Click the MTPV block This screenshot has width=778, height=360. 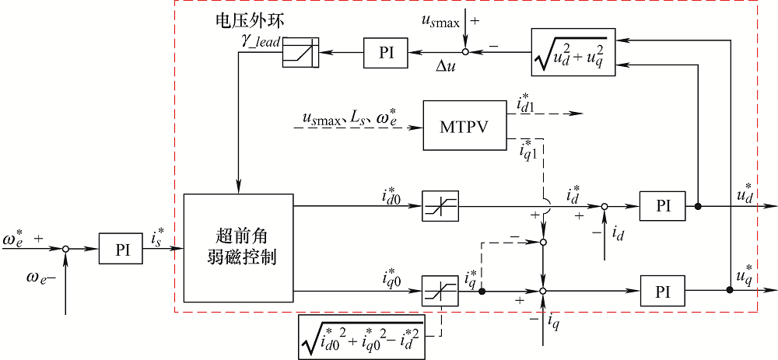click(x=464, y=125)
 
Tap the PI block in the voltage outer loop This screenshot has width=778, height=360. click(x=387, y=52)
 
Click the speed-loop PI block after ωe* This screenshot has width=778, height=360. click(x=121, y=248)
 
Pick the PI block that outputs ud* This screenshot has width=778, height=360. click(x=663, y=207)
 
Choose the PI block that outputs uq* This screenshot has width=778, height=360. click(x=663, y=291)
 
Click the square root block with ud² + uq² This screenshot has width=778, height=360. click(x=573, y=52)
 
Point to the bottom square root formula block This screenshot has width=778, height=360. click(x=362, y=337)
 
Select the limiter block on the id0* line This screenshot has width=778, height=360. click(x=441, y=207)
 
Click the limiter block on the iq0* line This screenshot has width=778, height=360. click(x=441, y=291)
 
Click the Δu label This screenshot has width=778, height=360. click(x=445, y=69)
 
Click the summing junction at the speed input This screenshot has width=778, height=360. click(x=66, y=249)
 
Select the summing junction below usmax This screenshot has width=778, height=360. click(x=465, y=52)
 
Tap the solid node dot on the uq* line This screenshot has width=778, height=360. click(x=729, y=291)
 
